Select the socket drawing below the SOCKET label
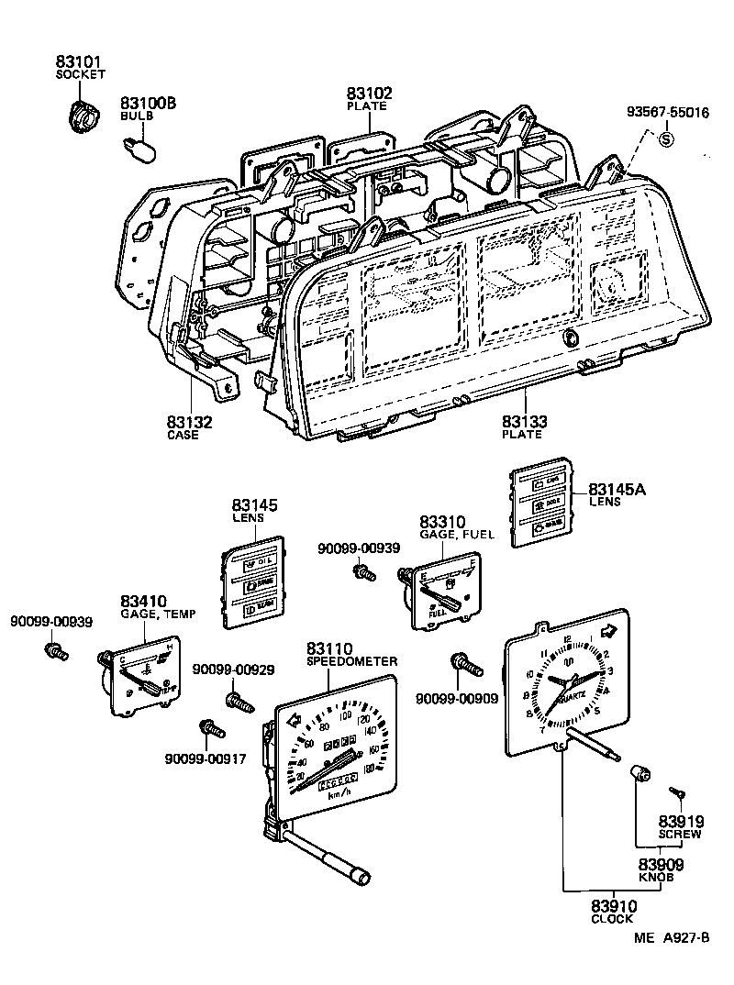(x=84, y=116)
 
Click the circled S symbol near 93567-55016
(x=667, y=139)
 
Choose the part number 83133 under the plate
(x=524, y=422)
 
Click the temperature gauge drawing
(x=140, y=680)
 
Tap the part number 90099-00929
(x=233, y=670)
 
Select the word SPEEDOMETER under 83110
(x=352, y=661)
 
